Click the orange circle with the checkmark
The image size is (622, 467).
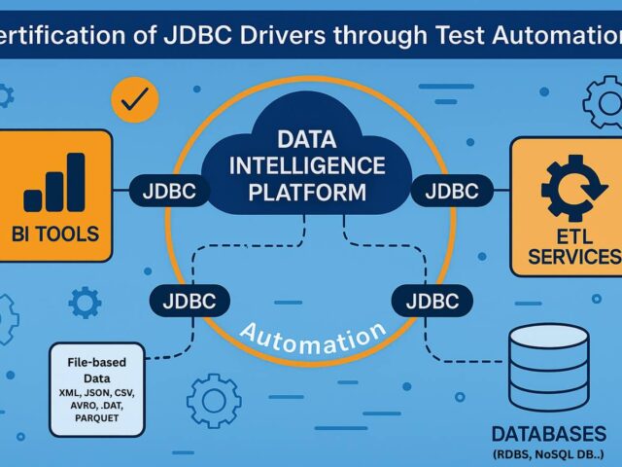135,97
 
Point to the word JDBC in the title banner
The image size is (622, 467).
193,36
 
